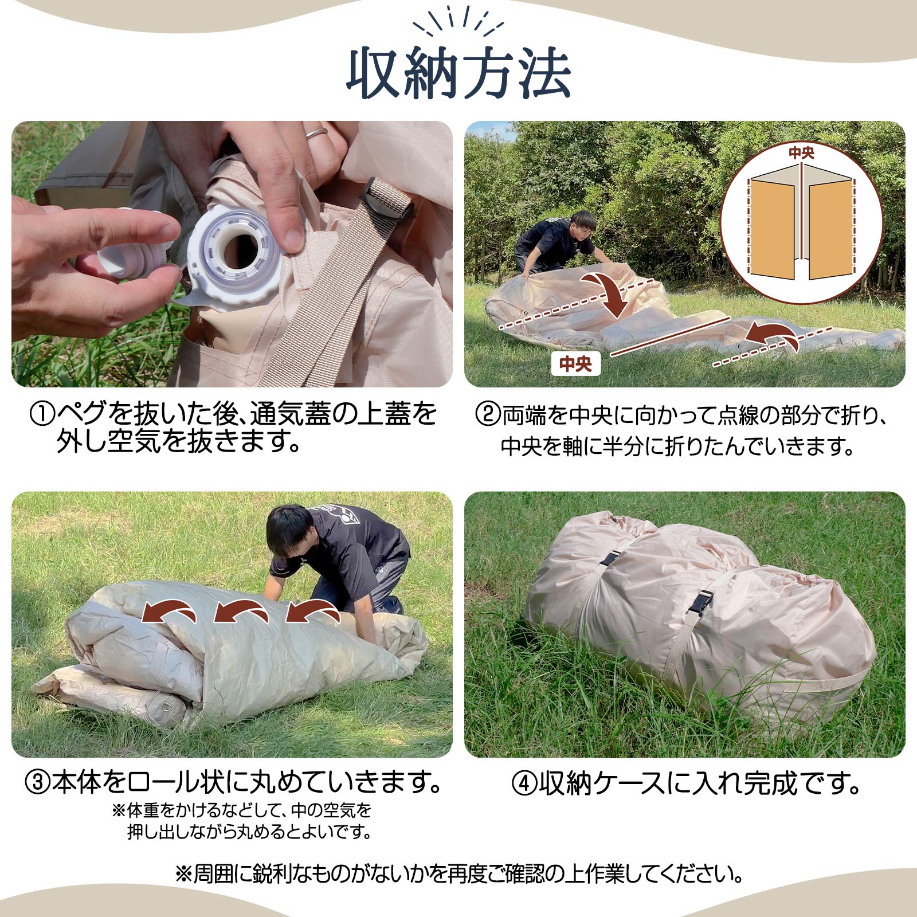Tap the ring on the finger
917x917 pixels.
click(x=316, y=133)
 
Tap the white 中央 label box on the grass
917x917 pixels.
click(x=575, y=364)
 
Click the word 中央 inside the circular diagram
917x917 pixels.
click(x=801, y=153)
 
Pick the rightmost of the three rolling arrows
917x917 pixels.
click(x=312, y=612)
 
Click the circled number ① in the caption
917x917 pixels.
click(x=42, y=414)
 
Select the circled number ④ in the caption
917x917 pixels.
click(x=524, y=784)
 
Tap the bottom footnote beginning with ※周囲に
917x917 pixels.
click(x=458, y=874)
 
